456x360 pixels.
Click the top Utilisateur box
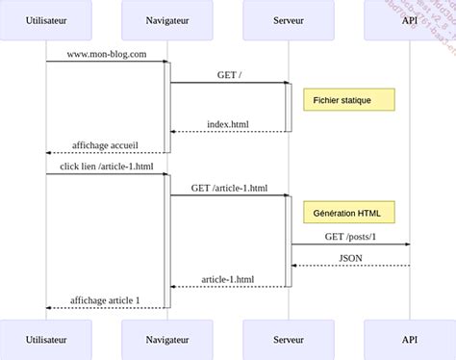click(x=46, y=19)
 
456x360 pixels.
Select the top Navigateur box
click(x=167, y=19)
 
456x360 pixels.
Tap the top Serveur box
click(x=289, y=19)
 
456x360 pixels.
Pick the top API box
click(x=410, y=19)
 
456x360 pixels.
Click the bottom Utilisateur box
click(x=46, y=340)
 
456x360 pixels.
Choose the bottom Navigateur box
click(x=167, y=340)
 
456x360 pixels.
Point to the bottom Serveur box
click(x=289, y=340)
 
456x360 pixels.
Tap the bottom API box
click(x=410, y=340)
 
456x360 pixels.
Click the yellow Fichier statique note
click(x=348, y=100)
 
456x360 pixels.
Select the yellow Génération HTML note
click(x=348, y=211)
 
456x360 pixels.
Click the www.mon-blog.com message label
click(x=106, y=54)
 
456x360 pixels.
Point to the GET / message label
click(x=228, y=74)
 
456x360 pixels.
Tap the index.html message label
click(x=228, y=124)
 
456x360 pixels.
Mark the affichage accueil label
click(x=106, y=145)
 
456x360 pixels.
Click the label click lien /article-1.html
click(x=106, y=167)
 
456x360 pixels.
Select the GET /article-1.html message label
click(x=228, y=188)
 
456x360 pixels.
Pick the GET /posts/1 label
click(x=350, y=237)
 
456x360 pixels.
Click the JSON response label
click(x=350, y=258)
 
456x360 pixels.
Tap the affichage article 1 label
click(x=106, y=300)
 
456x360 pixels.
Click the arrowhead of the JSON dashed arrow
click(x=295, y=266)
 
